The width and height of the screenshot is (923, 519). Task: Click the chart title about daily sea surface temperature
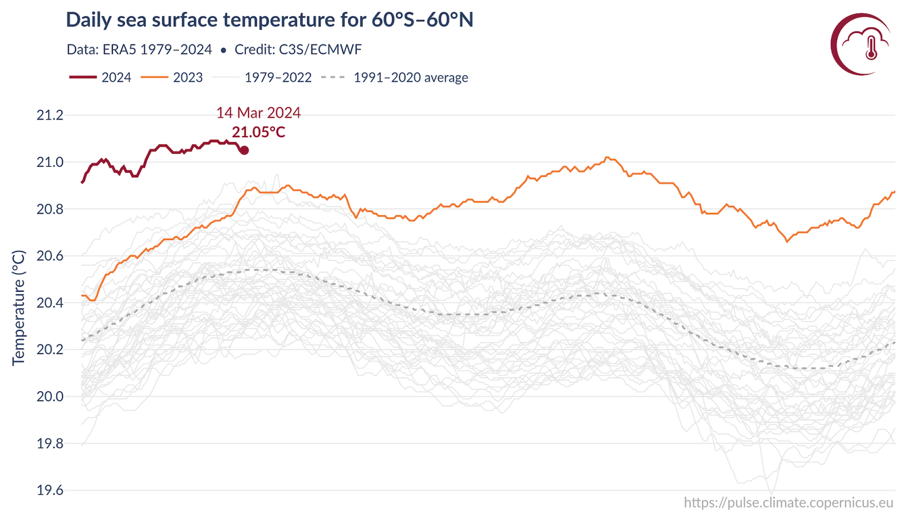[270, 20]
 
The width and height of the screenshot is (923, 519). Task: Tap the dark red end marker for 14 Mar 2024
[244, 150]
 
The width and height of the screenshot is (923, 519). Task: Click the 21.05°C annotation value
[258, 132]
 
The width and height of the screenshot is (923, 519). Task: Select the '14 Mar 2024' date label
[258, 112]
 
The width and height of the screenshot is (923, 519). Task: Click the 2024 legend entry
[101, 77]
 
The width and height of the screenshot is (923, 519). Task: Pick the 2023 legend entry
[172, 77]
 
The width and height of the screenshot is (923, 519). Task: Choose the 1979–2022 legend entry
[262, 77]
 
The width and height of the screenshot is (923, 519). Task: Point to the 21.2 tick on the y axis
[49, 116]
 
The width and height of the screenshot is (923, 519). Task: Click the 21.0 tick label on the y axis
[49, 162]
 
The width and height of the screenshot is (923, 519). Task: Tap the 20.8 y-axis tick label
[49, 209]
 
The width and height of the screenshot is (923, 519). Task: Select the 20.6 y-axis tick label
[49, 256]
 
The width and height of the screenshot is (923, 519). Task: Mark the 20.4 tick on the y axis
[49, 303]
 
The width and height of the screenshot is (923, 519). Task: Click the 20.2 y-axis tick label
[49, 350]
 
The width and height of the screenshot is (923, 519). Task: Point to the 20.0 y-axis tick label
[49, 397]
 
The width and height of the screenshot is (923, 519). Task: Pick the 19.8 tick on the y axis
[49, 443]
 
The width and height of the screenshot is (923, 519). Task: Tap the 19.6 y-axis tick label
[49, 491]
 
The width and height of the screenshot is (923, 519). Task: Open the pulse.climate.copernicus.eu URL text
[789, 502]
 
